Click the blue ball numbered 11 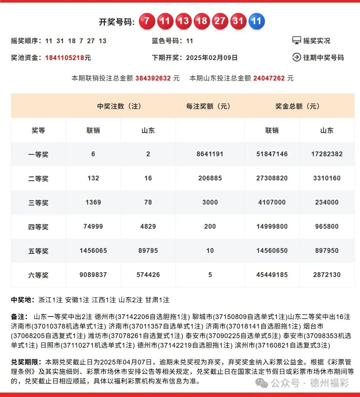257,21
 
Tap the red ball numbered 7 147,21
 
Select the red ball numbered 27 220,21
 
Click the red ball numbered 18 202,21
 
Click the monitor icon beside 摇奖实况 296,41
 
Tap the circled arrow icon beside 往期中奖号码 296,57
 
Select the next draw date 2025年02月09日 212,58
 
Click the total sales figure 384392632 153,78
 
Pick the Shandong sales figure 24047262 269,78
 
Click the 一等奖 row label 38,154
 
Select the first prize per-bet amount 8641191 210,154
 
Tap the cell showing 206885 210,178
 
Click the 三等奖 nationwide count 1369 93,202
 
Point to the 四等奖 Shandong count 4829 148,226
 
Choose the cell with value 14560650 272,251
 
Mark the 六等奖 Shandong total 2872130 327,275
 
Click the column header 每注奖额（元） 208,106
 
